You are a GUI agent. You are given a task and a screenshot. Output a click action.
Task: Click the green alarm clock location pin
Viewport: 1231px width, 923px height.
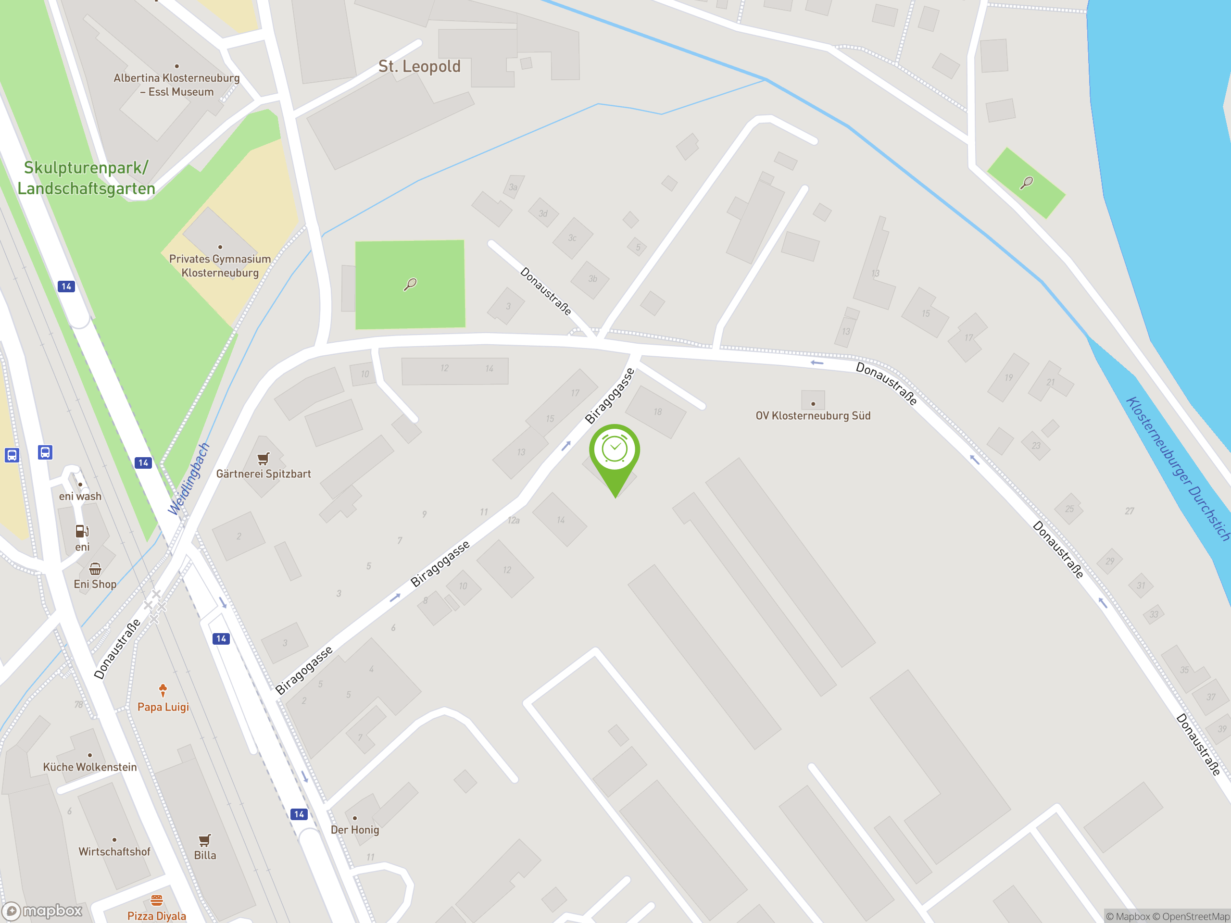coord(615,450)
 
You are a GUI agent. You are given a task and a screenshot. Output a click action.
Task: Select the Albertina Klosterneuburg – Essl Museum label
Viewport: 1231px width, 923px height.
coord(176,85)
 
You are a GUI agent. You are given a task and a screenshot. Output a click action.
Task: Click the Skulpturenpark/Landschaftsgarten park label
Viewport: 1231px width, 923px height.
coord(86,178)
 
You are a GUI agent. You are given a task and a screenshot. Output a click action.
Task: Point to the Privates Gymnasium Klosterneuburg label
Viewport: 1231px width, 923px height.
coord(220,265)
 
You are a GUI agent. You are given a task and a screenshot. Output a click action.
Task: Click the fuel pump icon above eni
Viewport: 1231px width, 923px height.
coord(82,531)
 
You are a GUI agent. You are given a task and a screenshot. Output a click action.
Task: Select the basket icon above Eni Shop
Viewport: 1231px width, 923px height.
coord(95,569)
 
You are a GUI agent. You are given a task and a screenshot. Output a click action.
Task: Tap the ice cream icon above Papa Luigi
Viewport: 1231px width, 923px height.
coord(163,690)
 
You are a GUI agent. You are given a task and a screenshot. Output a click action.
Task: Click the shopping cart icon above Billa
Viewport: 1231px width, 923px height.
coord(205,839)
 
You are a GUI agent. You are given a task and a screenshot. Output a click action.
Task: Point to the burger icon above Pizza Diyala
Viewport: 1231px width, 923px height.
coord(157,899)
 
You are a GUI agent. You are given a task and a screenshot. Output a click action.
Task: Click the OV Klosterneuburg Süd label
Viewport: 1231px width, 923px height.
coord(813,416)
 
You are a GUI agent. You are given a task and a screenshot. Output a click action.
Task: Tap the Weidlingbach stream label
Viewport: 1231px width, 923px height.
coord(189,479)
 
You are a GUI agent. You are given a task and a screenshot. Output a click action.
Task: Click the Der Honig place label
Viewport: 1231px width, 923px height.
coord(354,830)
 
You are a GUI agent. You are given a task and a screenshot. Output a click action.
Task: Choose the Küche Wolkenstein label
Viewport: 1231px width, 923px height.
coord(89,767)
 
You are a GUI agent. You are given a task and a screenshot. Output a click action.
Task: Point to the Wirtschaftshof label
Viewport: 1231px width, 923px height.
coord(114,851)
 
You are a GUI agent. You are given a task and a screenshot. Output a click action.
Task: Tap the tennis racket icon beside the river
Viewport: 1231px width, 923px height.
coord(1026,183)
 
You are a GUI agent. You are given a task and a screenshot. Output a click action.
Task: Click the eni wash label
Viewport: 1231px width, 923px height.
coord(80,496)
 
